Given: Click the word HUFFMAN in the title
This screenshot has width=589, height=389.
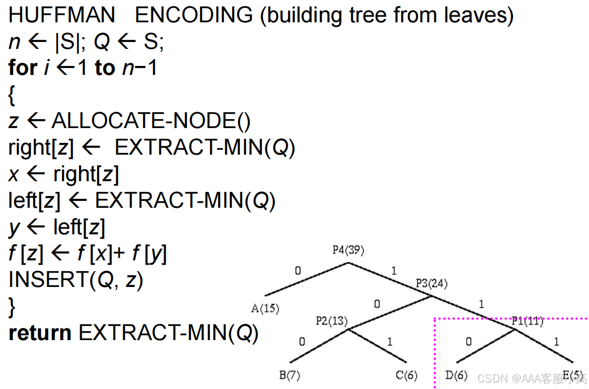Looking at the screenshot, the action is click(62, 15).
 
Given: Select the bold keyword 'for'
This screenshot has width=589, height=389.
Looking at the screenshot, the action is click(22, 68).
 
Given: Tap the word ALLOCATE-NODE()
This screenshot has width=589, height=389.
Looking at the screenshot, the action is click(151, 122).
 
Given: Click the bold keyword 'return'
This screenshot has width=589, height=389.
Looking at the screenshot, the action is click(40, 333).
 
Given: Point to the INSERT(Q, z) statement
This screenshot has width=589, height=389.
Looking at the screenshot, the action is click(76, 280).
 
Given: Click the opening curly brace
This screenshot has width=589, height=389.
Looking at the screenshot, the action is click(12, 95).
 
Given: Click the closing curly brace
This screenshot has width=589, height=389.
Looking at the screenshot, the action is click(12, 307).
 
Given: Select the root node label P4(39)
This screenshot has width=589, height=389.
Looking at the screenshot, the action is click(349, 250).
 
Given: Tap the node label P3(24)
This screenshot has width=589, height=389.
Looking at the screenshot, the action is click(432, 284).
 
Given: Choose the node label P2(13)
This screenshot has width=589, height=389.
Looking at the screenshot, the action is click(331, 320).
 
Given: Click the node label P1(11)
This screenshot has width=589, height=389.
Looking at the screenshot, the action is click(527, 320).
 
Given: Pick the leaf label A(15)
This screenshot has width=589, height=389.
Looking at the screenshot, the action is click(265, 308).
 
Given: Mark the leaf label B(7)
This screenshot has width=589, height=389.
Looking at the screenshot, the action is click(290, 376).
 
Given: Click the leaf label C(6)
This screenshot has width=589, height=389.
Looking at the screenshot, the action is click(407, 376).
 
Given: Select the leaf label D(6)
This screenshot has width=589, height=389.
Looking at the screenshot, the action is click(456, 376).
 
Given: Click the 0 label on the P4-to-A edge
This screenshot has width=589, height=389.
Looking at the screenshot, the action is click(298, 270).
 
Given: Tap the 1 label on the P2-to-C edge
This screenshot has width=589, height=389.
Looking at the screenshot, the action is click(390, 341).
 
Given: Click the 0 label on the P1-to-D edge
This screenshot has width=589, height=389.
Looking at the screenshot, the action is click(468, 341).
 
